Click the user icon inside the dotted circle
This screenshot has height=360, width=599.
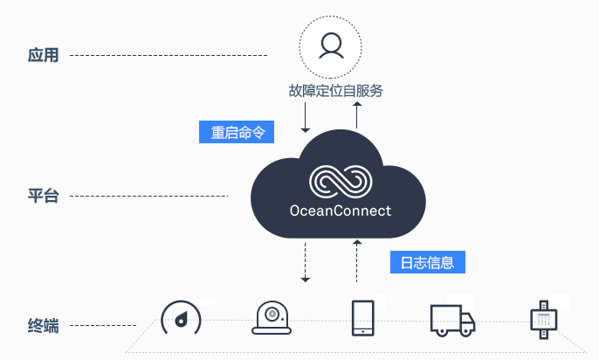(331, 45)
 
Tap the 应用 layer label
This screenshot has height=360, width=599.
(43, 55)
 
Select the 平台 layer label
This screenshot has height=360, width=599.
(43, 196)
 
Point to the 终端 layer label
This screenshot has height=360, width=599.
(43, 326)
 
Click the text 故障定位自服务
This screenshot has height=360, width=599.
(336, 91)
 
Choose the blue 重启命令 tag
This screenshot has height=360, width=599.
(237, 132)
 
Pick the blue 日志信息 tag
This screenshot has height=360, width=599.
(428, 262)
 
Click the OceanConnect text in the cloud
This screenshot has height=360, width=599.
(341, 211)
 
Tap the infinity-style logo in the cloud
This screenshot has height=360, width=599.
(341, 182)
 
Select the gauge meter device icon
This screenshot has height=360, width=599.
(181, 318)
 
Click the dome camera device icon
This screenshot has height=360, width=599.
(272, 318)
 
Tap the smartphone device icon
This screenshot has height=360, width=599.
(362, 318)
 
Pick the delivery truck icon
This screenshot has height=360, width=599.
(452, 321)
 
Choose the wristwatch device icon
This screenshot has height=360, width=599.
(544, 320)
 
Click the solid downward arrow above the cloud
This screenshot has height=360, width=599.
(306, 117)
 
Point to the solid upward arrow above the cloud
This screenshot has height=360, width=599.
(357, 115)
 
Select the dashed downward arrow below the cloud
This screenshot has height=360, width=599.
(306, 262)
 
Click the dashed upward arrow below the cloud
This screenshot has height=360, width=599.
(357, 261)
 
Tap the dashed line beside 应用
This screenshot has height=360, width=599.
(169, 55)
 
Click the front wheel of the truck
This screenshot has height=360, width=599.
(465, 331)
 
